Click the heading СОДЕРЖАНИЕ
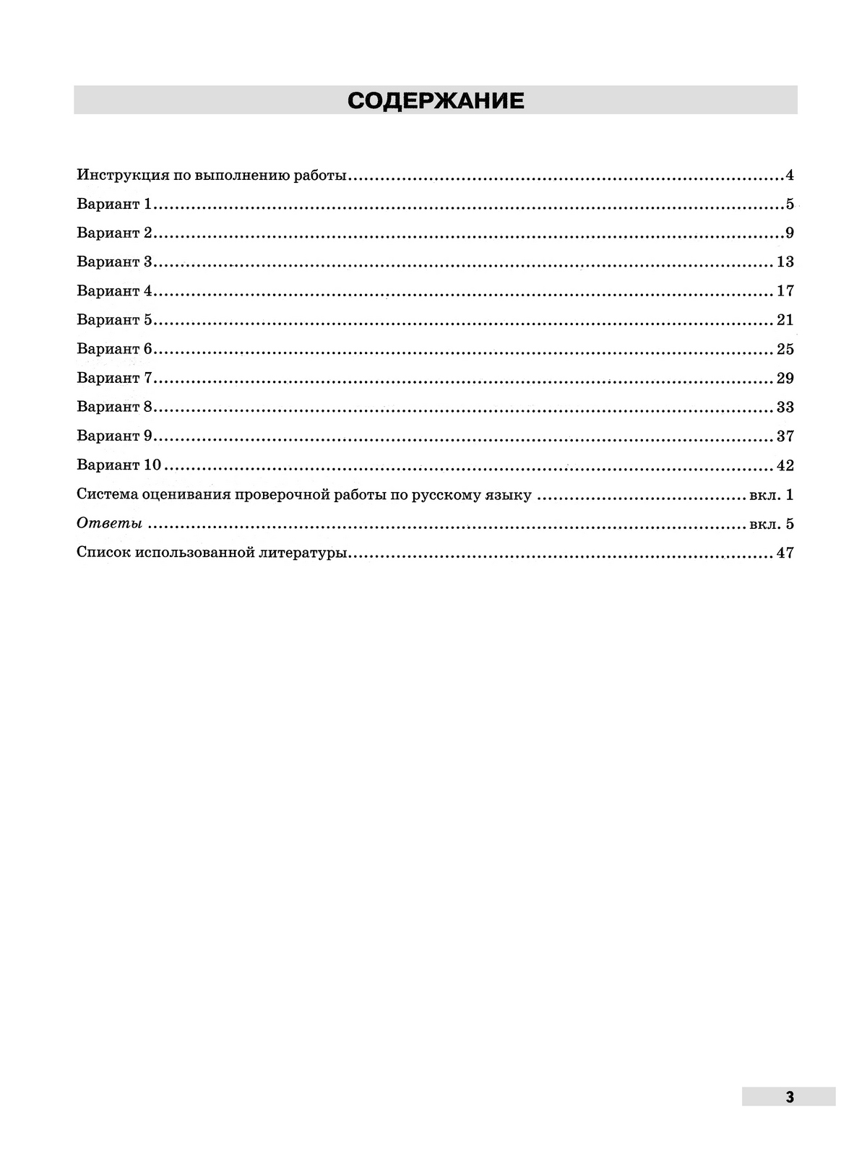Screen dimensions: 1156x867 [x=436, y=100]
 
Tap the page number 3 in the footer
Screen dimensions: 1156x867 [x=789, y=1096]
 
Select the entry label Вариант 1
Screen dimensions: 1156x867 [x=114, y=204]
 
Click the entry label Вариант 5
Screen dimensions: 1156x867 [x=114, y=319]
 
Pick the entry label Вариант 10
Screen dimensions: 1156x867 [x=118, y=465]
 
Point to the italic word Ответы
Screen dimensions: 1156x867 [x=109, y=523]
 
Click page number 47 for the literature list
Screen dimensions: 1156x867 [x=785, y=553]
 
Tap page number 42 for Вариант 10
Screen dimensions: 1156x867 [x=785, y=465]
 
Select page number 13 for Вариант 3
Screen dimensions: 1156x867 [x=785, y=262]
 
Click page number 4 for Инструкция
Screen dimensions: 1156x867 [x=790, y=175]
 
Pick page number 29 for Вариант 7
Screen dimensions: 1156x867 [x=785, y=378]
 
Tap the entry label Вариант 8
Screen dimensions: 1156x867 [x=114, y=407]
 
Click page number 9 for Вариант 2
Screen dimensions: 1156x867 [x=790, y=233]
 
